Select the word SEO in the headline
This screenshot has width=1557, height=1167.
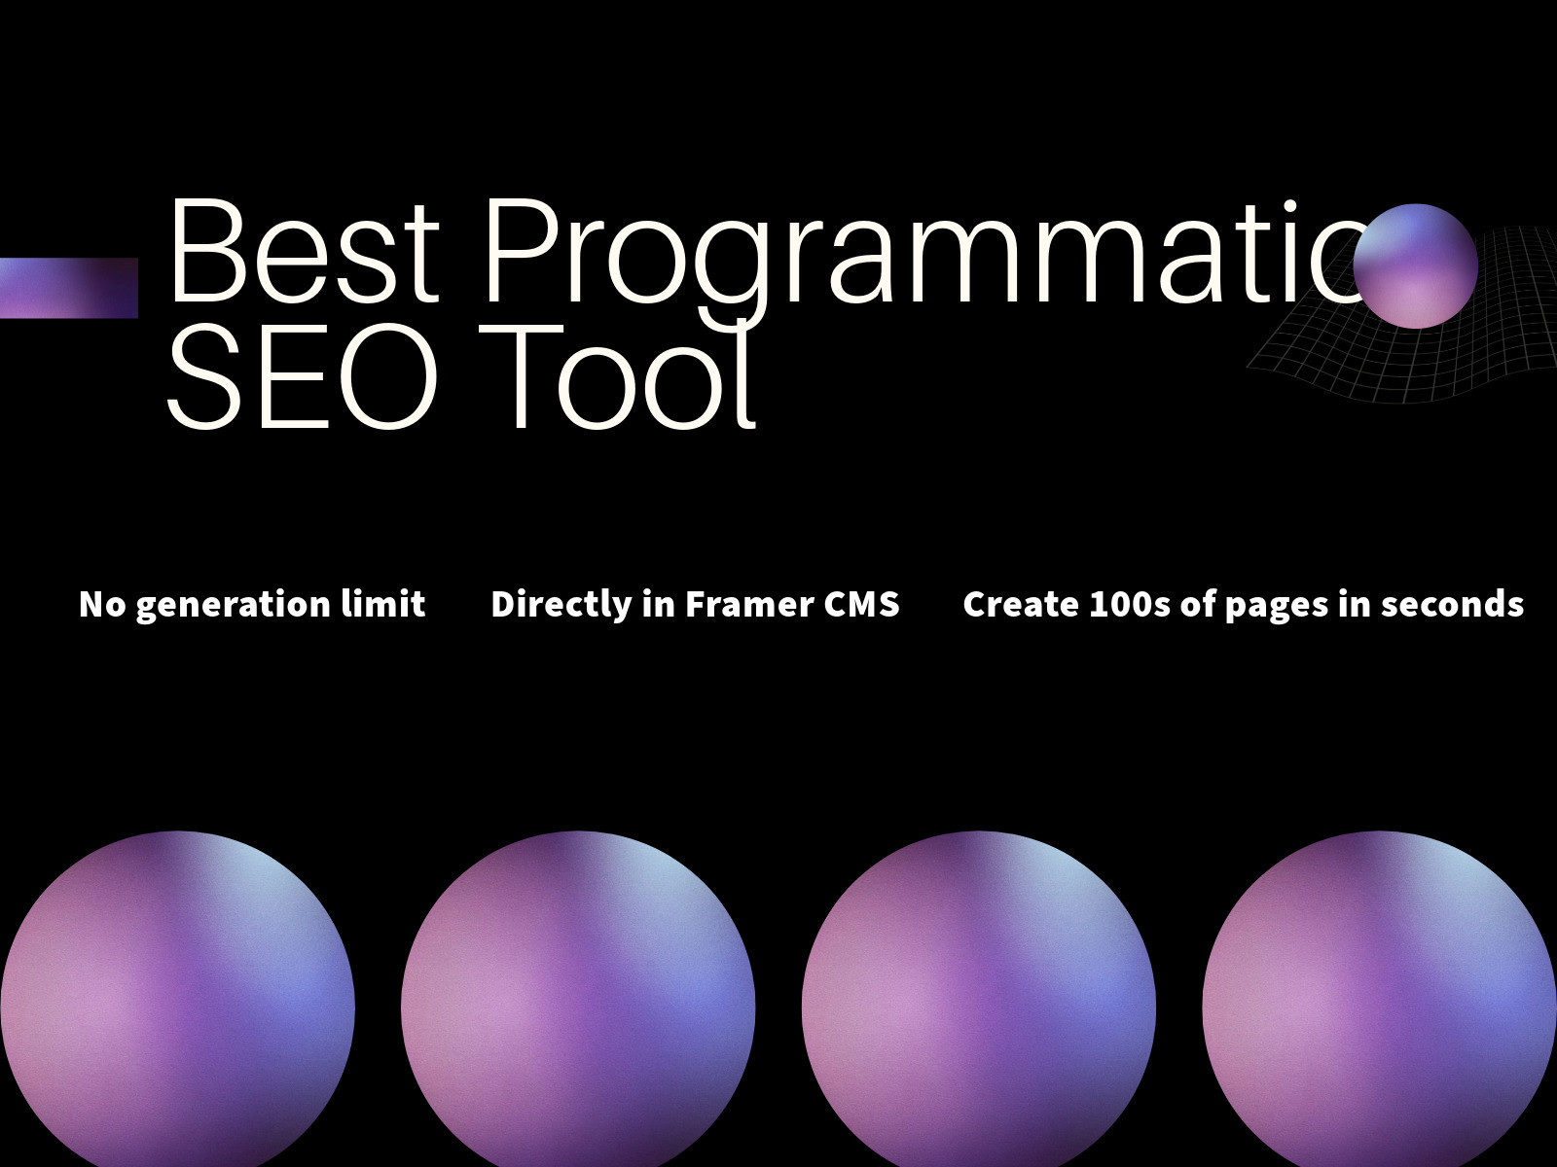pyautogui.click(x=302, y=376)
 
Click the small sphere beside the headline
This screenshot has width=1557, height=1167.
pyautogui.click(x=1415, y=265)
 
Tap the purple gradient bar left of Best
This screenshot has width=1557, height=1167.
pyautogui.click(x=69, y=288)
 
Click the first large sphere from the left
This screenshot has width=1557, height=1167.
pyautogui.click(x=177, y=999)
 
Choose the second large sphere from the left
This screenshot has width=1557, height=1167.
pyautogui.click(x=578, y=999)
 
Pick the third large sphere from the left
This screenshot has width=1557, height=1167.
pyautogui.click(x=979, y=999)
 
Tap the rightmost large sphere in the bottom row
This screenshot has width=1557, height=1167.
pyautogui.click(x=1380, y=999)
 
